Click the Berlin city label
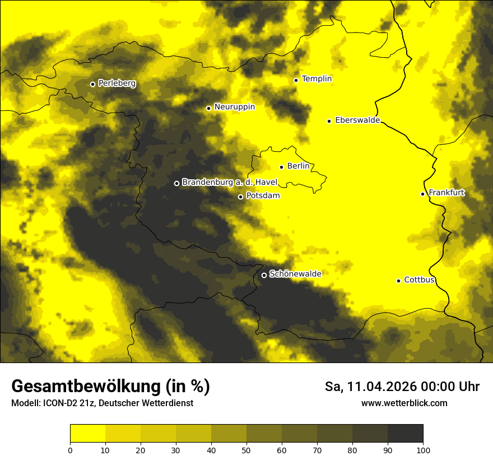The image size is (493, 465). tap(298, 166)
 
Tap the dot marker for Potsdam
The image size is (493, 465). tap(240, 197)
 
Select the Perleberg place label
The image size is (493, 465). tap(117, 83)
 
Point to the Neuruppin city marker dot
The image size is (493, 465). tap(208, 108)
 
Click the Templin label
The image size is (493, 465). tap(317, 79)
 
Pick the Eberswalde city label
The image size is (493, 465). tap(357, 120)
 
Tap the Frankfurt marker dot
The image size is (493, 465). tap(422, 194)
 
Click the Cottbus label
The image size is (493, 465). tap(419, 280)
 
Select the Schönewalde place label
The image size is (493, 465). tap(295, 274)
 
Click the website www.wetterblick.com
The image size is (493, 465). tap(404, 403)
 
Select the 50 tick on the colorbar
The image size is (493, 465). tap(246, 449)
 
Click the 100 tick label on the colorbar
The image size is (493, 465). tap(423, 449)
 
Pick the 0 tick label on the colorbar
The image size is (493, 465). tap(70, 449)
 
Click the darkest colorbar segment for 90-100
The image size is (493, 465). tap(405, 434)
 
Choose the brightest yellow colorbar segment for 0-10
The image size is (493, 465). tap(87, 434)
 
